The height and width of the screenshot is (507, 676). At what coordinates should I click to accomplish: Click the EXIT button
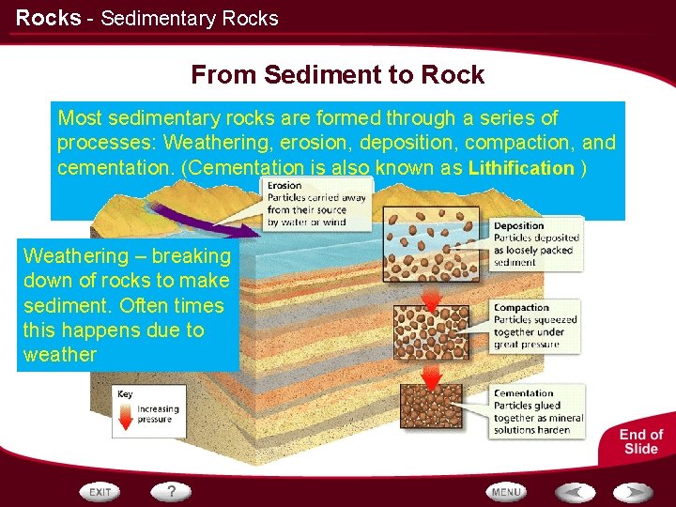tap(100, 492)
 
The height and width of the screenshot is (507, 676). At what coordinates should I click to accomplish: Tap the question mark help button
tap(171, 491)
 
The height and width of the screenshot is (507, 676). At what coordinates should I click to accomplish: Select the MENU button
tap(506, 492)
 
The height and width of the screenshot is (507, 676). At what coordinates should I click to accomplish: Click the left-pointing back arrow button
tap(574, 492)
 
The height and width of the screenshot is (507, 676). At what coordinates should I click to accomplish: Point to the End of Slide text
tap(641, 441)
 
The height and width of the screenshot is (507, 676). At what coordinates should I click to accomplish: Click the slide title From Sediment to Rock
tap(337, 75)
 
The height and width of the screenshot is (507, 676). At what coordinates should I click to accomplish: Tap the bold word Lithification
tap(521, 169)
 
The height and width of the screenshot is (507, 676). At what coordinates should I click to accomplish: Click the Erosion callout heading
tap(284, 186)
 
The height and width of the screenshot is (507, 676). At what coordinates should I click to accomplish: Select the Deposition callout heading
tap(518, 226)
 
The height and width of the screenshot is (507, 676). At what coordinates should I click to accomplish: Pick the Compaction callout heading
tap(521, 308)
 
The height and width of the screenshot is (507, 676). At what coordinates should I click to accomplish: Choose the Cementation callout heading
tap(523, 393)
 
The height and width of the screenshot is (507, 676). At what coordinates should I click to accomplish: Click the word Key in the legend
tap(125, 394)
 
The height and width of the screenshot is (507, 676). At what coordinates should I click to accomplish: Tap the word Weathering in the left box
tap(72, 256)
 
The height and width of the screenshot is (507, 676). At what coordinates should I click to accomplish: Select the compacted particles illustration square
tap(431, 332)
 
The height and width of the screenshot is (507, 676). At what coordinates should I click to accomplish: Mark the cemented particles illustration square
tap(431, 409)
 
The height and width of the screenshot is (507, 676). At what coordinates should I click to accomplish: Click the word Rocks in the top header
tap(48, 18)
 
